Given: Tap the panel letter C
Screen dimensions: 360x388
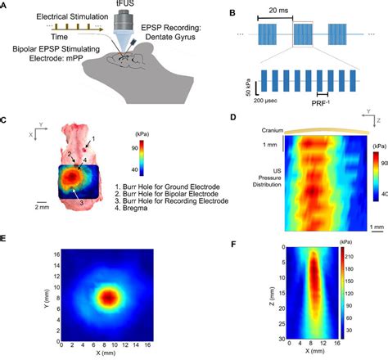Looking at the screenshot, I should pyautogui.click(x=5, y=119).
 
